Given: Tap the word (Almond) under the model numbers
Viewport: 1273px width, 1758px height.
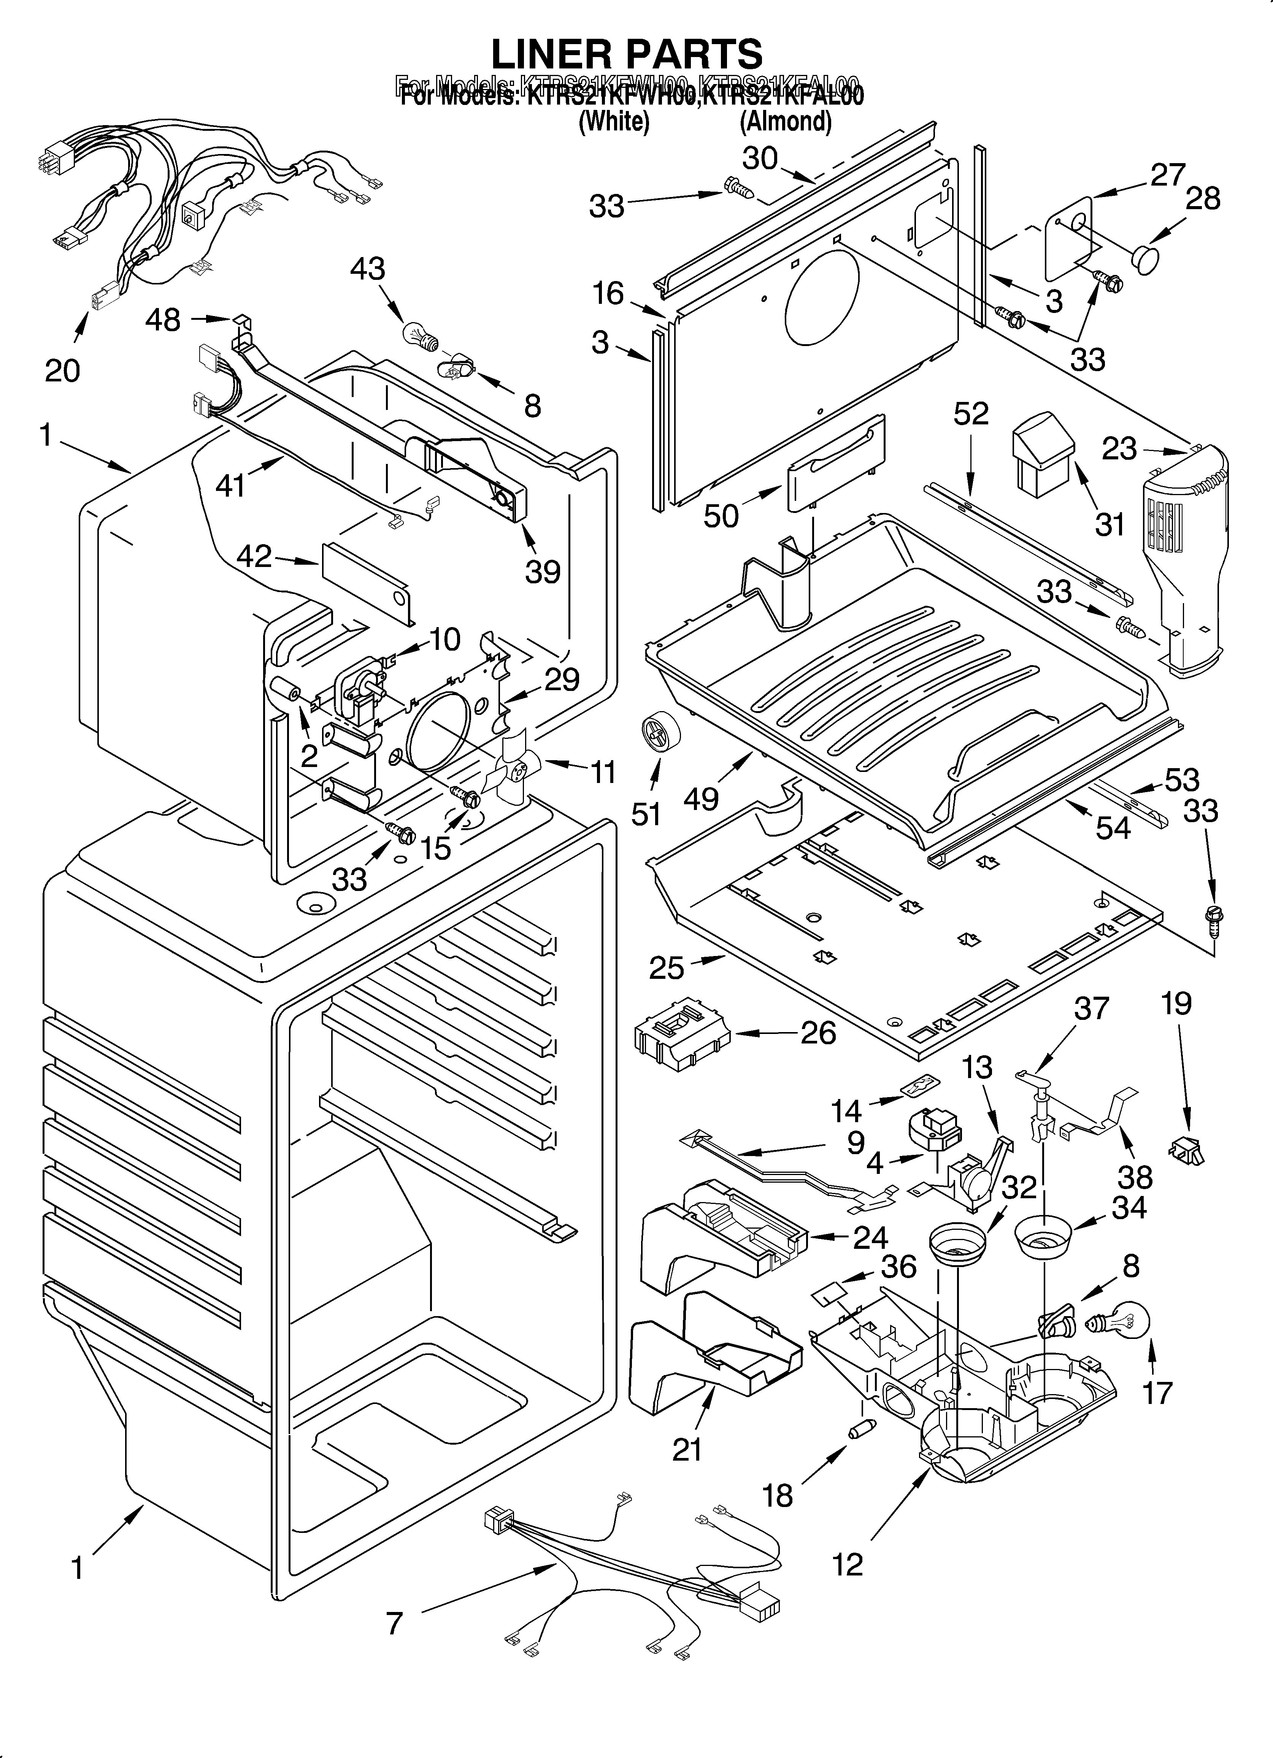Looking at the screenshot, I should coord(785,122).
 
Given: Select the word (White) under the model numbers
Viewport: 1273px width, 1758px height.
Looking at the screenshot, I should coord(614,122).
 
